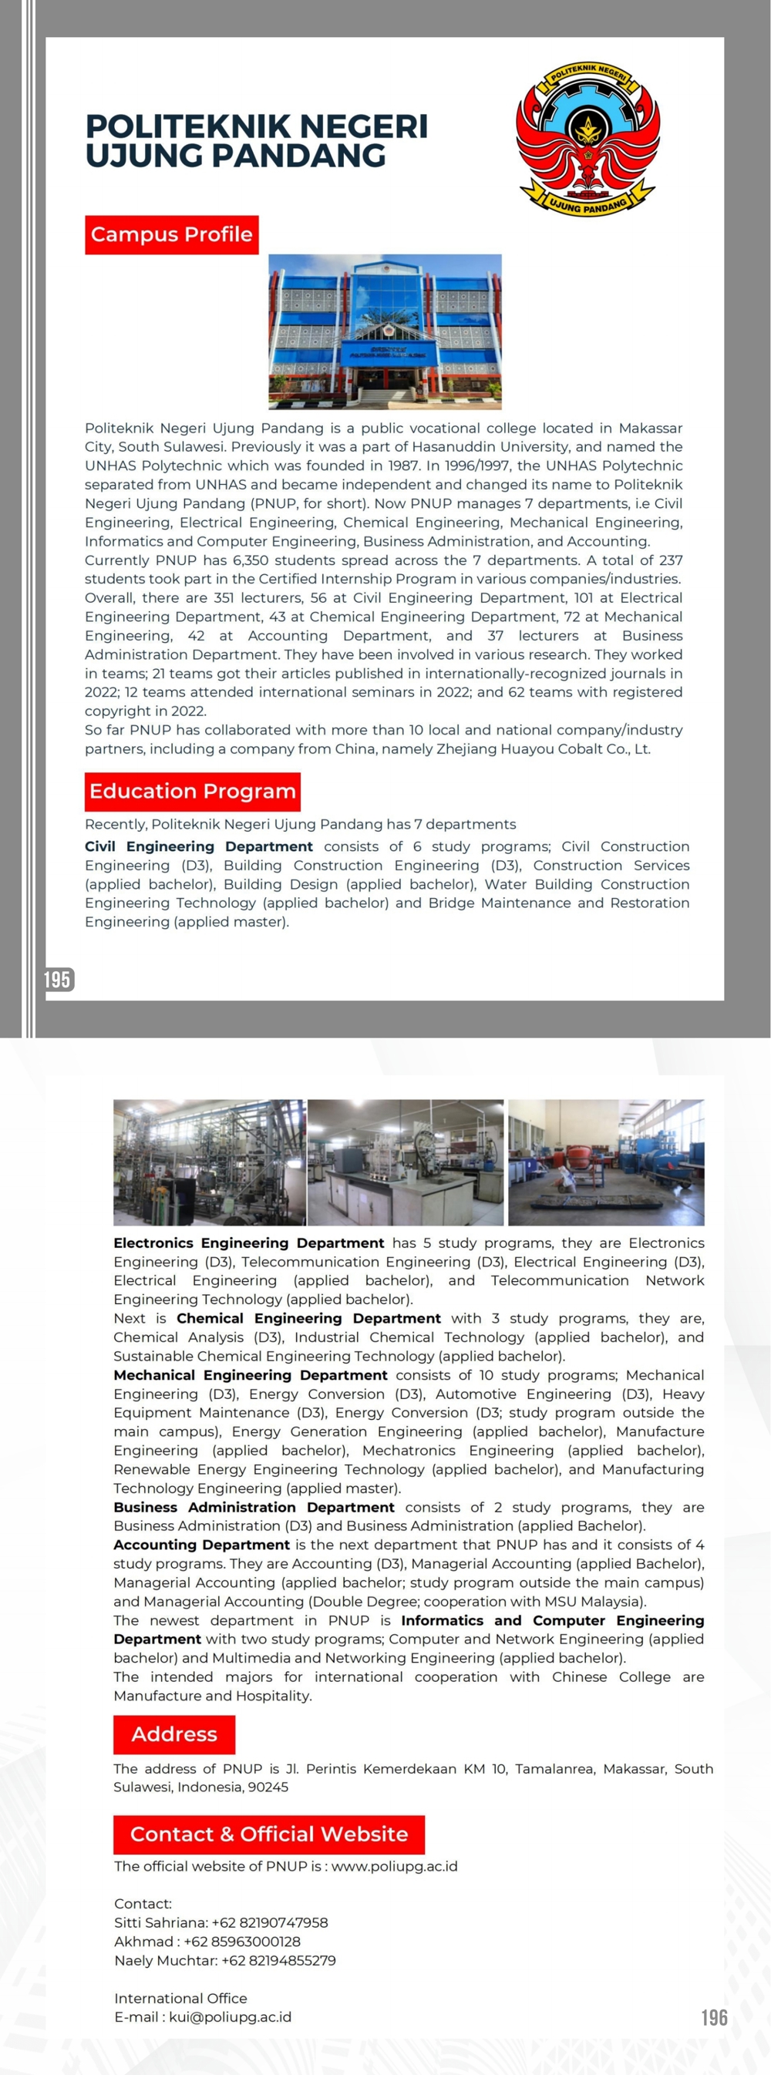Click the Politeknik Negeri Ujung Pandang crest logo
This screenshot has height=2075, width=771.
click(588, 138)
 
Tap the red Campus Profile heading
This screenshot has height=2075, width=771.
click(172, 234)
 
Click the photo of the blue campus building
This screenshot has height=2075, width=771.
click(384, 332)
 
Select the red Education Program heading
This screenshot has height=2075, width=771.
click(193, 791)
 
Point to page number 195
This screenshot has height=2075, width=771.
click(57, 980)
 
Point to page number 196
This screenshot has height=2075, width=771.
click(714, 2018)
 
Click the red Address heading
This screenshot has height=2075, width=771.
click(174, 1734)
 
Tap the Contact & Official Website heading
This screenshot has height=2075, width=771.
click(268, 1835)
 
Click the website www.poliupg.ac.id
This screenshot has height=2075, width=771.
click(394, 1866)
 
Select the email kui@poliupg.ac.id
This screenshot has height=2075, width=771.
click(230, 2017)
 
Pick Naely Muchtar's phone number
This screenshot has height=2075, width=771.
click(278, 1961)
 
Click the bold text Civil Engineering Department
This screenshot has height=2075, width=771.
click(198, 846)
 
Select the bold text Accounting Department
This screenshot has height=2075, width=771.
click(201, 1545)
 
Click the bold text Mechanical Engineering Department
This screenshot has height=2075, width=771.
click(250, 1375)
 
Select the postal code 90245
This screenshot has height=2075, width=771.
click(267, 1787)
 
